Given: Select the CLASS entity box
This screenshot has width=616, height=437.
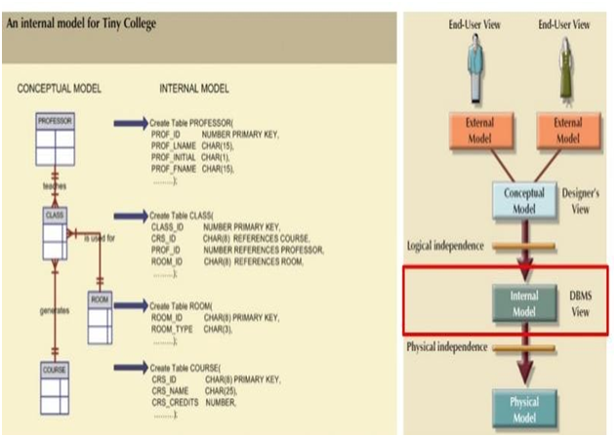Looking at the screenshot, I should [x=55, y=230].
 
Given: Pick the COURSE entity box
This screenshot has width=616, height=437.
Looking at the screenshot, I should [x=55, y=386].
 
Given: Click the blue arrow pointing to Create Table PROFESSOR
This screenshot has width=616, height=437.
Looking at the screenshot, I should [x=129, y=123].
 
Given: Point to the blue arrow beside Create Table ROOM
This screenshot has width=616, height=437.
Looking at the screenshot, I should [x=129, y=305].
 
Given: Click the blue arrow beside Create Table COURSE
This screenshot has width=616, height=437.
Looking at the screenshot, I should [x=129, y=367].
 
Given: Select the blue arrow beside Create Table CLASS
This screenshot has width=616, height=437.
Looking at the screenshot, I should [x=129, y=215].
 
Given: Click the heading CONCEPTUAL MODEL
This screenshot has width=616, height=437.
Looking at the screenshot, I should [x=62, y=88].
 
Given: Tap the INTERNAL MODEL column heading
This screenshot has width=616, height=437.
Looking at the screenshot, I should [x=194, y=88].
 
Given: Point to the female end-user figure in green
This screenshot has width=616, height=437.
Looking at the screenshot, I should [x=567, y=67].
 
